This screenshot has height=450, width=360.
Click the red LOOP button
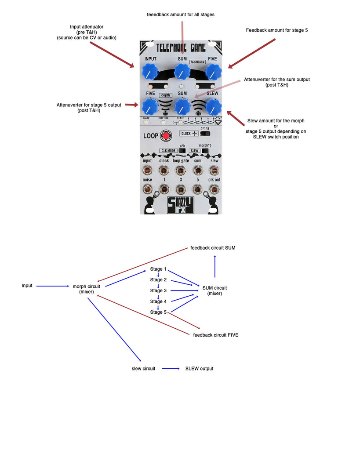(x=166, y=136)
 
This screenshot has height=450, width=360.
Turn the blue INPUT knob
(x=150, y=71)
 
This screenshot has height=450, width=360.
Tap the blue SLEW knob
(x=213, y=106)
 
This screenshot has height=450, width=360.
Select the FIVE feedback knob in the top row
(x=213, y=71)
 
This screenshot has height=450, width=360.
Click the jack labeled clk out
(x=214, y=189)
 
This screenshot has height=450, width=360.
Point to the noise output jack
(x=147, y=189)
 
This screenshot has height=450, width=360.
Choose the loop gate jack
(x=181, y=171)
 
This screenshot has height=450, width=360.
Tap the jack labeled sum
(x=198, y=171)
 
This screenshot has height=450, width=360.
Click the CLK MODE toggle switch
(x=182, y=151)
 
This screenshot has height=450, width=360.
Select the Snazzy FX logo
(x=181, y=206)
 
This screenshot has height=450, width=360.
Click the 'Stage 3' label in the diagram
(x=158, y=290)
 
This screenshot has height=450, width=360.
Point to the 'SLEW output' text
(x=199, y=369)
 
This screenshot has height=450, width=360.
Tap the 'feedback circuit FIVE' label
(x=216, y=335)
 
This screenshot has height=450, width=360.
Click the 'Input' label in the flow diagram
(x=27, y=286)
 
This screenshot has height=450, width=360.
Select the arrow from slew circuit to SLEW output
(x=171, y=369)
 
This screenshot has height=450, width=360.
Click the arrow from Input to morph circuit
(x=53, y=286)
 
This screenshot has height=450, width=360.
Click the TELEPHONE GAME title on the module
(x=181, y=47)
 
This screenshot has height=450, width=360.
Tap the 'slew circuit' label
(x=143, y=369)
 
